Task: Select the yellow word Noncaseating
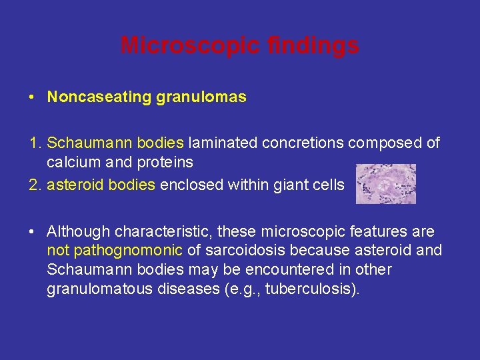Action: pyautogui.click(x=99, y=97)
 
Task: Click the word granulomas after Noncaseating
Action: pyautogui.click(x=201, y=97)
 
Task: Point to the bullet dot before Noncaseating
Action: pyautogui.click(x=32, y=97)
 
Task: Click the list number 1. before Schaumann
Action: pyautogui.click(x=36, y=143)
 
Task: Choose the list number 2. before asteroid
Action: pyautogui.click(x=36, y=185)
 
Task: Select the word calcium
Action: pyautogui.click(x=71, y=162)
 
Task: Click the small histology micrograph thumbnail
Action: pyautogui.click(x=385, y=183)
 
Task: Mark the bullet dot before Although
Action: pyautogui.click(x=32, y=231)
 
